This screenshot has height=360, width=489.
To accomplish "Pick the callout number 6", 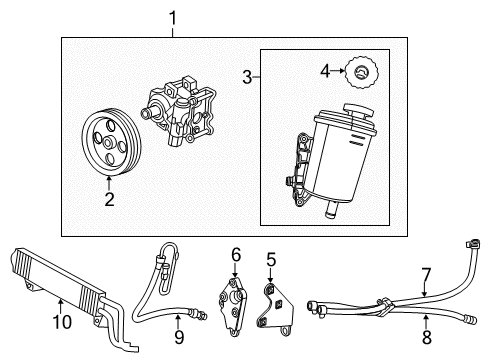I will (x=235, y=255).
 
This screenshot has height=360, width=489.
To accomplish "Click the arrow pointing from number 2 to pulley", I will (x=110, y=181).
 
